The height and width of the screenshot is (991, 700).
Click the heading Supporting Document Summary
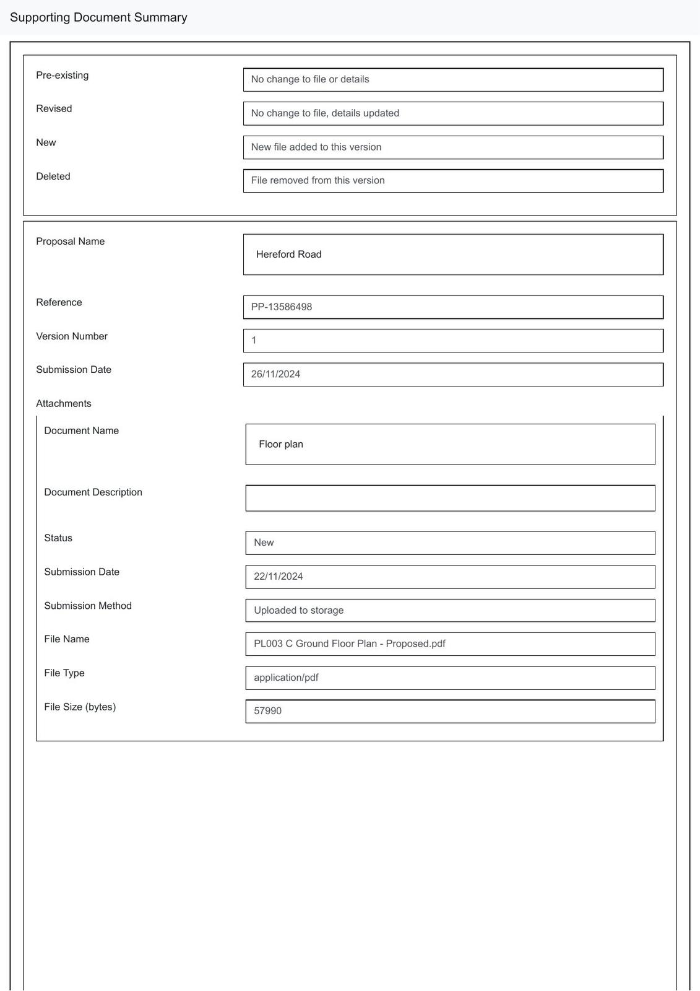98,17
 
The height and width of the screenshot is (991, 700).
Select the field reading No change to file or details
452,80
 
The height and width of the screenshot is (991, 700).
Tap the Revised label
54,109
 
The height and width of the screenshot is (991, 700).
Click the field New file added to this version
452,147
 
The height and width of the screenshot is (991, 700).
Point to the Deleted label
53,177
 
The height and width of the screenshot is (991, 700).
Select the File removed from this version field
452,181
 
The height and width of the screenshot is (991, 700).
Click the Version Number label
72,336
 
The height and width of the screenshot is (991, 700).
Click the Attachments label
64,404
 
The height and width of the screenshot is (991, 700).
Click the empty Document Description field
450,499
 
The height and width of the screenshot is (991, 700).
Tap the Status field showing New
450,543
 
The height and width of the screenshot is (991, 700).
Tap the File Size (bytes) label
80,707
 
